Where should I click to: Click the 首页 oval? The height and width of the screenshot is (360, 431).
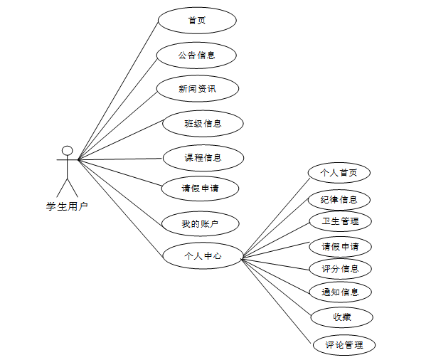196,20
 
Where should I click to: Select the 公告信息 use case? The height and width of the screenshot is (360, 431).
196,55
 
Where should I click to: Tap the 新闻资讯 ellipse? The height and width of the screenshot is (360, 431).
197,89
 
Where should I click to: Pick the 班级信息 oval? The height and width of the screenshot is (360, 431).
203,123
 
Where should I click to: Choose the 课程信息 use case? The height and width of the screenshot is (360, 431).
203,157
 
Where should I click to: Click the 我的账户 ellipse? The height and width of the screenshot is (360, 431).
200,225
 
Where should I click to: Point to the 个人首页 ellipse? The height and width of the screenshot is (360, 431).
339,172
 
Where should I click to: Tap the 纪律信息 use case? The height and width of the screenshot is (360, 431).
339,199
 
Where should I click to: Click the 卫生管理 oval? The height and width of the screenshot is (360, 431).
339,221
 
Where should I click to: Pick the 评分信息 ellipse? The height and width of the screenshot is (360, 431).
340,269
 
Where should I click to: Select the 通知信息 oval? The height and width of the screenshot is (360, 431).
340,292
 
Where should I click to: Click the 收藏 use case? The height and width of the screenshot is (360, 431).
341,316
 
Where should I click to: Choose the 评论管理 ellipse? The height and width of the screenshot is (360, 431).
344,345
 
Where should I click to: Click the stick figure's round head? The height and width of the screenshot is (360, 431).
67,151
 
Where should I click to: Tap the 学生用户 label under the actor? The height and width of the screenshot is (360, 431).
67,207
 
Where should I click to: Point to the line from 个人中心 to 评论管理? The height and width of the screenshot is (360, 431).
277,300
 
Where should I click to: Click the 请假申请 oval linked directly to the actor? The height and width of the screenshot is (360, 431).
200,189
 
